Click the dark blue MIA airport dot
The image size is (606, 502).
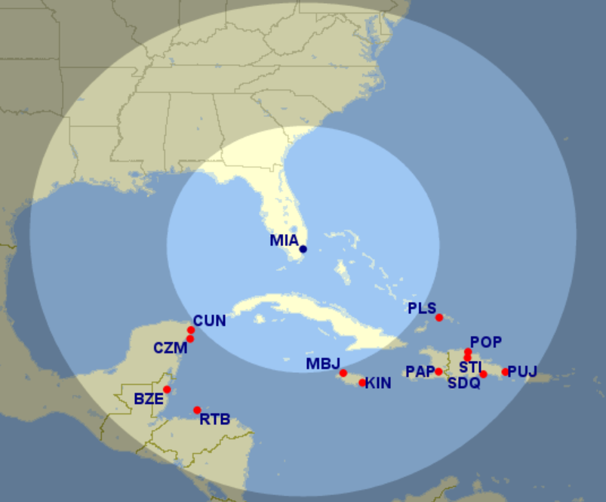[x=303, y=249]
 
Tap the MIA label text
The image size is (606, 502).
[x=284, y=241]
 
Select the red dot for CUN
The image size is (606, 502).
[x=191, y=330]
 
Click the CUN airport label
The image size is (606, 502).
[x=209, y=321]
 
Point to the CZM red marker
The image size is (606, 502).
[x=190, y=339]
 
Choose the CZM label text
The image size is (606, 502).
[x=170, y=348]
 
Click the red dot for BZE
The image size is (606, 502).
[x=167, y=390]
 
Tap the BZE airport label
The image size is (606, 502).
[x=149, y=399]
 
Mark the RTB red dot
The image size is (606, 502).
[x=197, y=410]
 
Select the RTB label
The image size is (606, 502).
[x=214, y=419]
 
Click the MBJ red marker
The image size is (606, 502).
[x=343, y=373]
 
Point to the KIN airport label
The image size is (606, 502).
[x=378, y=383]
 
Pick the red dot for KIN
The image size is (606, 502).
[x=362, y=382]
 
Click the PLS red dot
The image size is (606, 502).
[x=438, y=317]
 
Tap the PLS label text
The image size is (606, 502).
[x=422, y=308]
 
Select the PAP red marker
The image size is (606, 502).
[x=438, y=371]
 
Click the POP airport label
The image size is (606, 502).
[x=485, y=343]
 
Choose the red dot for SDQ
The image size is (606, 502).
[x=483, y=374]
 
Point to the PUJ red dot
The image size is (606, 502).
[x=505, y=371]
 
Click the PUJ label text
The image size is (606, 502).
[x=522, y=371]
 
